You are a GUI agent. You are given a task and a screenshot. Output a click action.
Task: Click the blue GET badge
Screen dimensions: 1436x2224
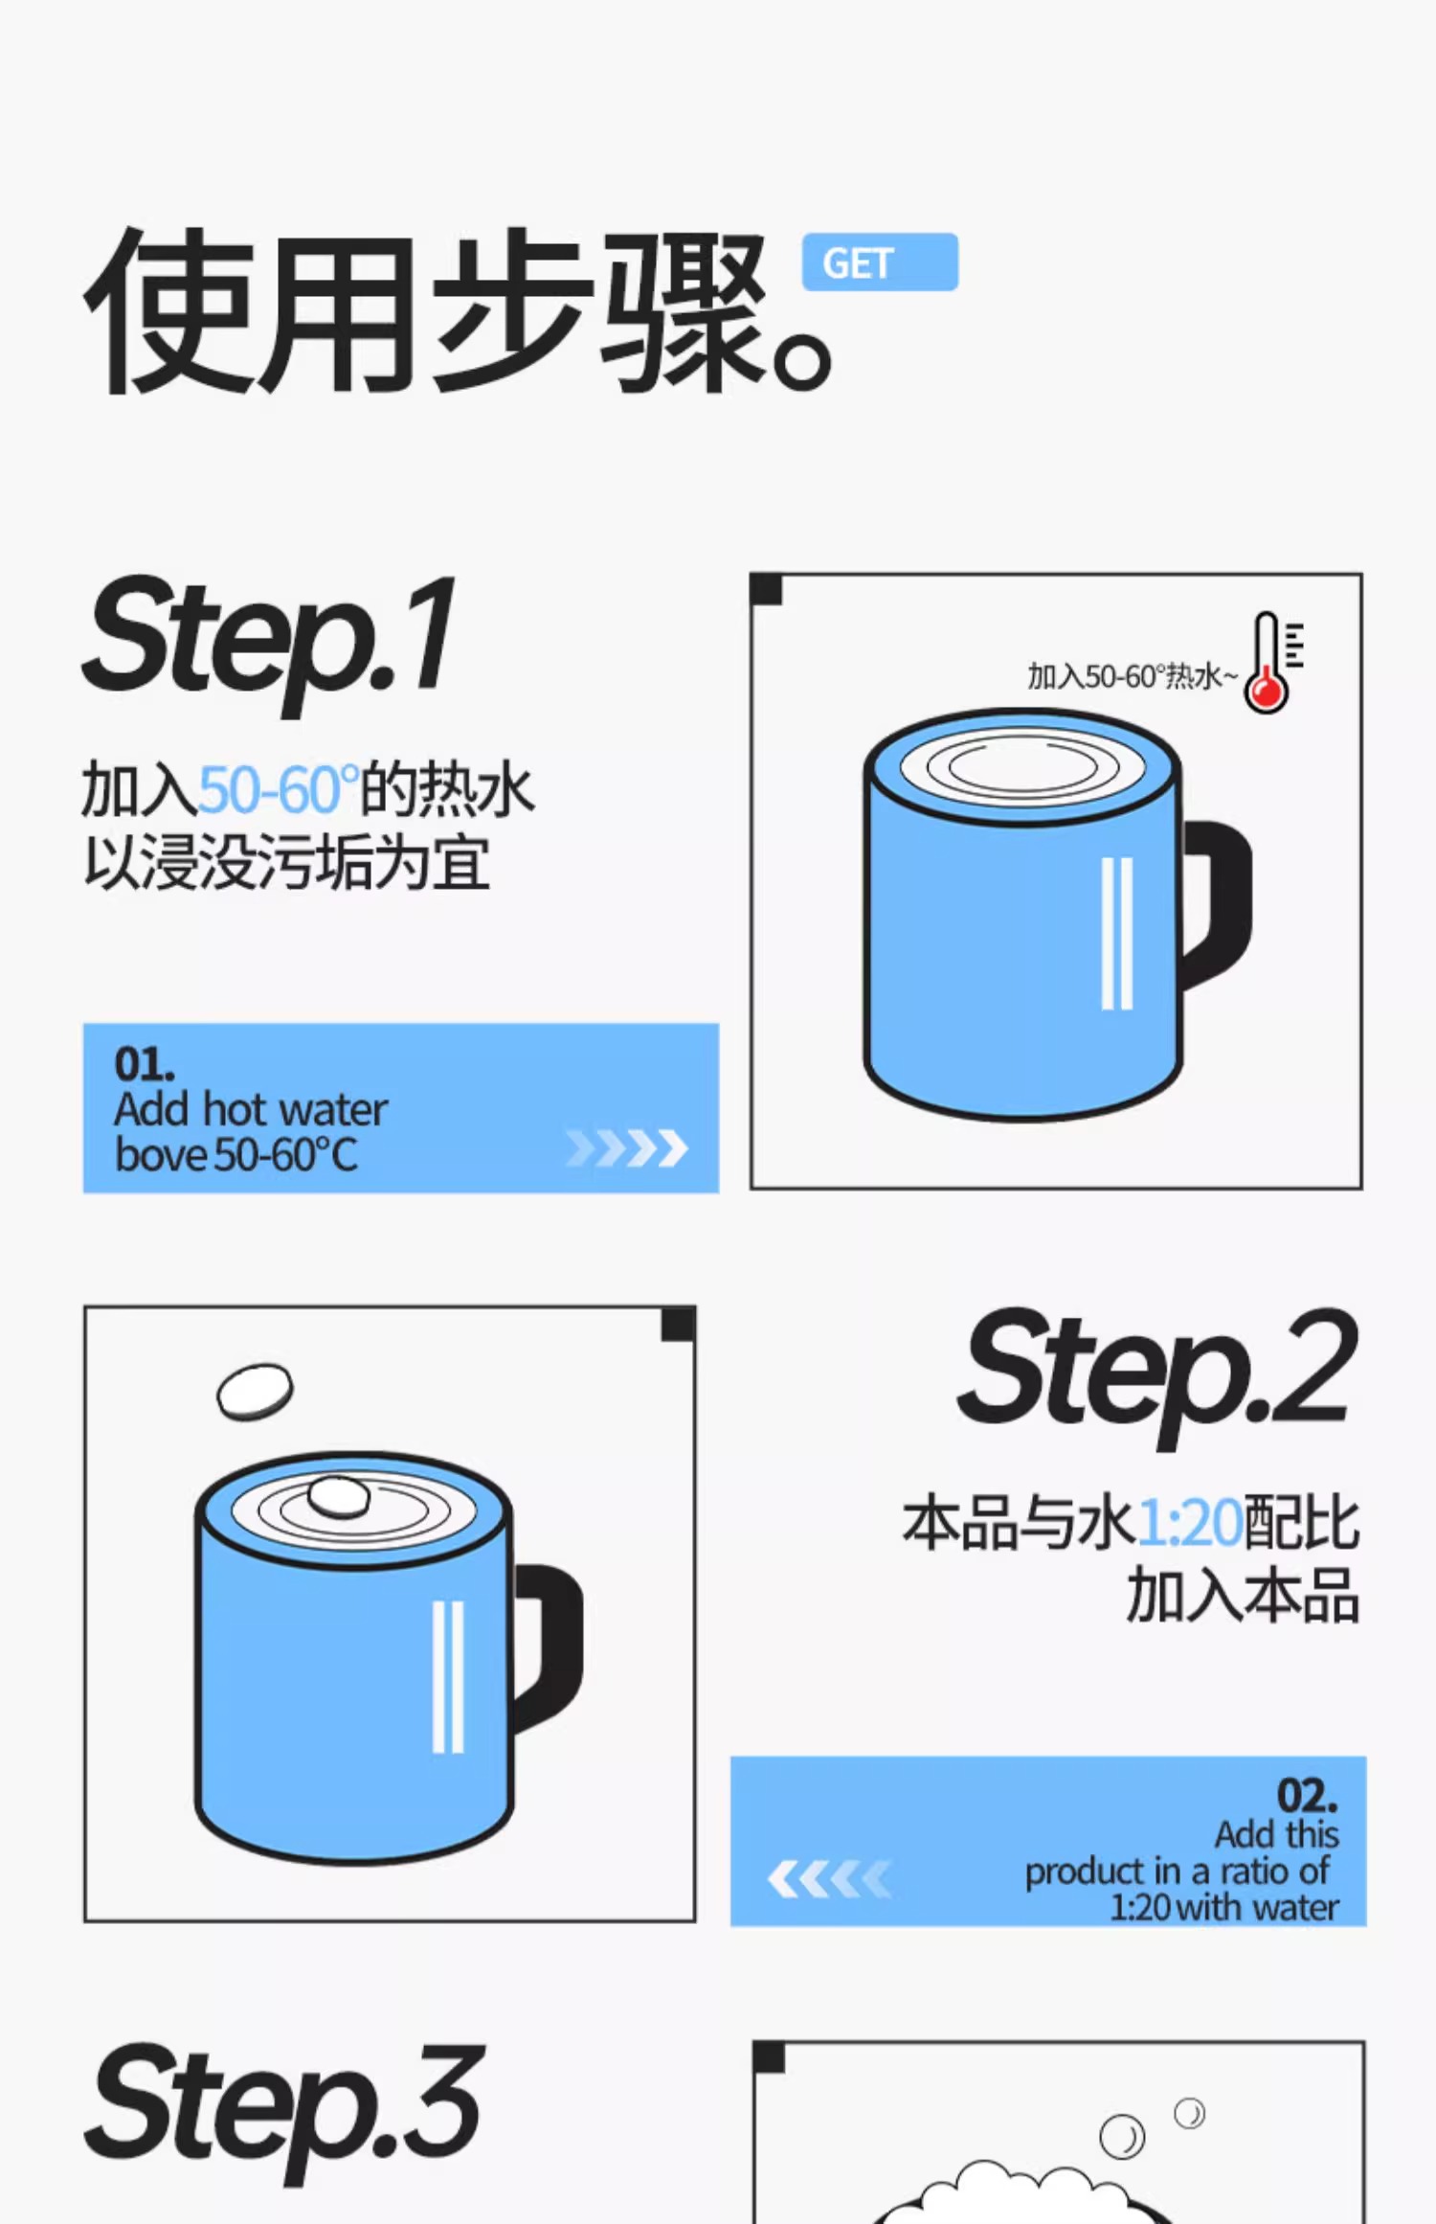pyautogui.click(x=880, y=261)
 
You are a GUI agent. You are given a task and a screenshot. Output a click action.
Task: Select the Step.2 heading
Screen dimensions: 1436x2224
pyautogui.click(x=1159, y=1374)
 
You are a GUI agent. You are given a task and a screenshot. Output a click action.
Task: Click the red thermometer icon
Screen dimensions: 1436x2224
pyautogui.click(x=1272, y=662)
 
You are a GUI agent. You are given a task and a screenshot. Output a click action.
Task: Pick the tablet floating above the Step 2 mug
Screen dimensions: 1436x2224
pyautogui.click(x=255, y=1392)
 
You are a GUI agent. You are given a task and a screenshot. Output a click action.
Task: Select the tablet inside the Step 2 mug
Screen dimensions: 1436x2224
pyautogui.click(x=338, y=1497)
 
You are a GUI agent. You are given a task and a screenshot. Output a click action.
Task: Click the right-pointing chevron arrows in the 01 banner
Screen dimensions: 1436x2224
pyautogui.click(x=627, y=1147)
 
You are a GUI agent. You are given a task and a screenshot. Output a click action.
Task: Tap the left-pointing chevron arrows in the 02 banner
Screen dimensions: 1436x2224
pyautogui.click(x=829, y=1878)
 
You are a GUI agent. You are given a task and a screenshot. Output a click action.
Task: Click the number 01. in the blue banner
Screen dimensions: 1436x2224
pyautogui.click(x=145, y=1064)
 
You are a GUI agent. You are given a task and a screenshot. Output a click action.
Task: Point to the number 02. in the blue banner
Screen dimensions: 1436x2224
pyautogui.click(x=1308, y=1795)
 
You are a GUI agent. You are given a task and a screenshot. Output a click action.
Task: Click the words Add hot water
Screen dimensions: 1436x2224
pyautogui.click(x=251, y=1110)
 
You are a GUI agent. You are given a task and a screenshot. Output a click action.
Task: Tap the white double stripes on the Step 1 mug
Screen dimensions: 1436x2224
pyautogui.click(x=1117, y=933)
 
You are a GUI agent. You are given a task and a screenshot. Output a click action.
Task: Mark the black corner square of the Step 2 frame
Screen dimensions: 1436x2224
pyautogui.click(x=678, y=1325)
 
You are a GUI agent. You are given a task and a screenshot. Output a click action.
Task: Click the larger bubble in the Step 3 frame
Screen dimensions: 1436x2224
pyautogui.click(x=1122, y=2137)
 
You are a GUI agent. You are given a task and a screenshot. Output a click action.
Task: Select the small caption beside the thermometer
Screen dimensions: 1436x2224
pyautogui.click(x=1133, y=676)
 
